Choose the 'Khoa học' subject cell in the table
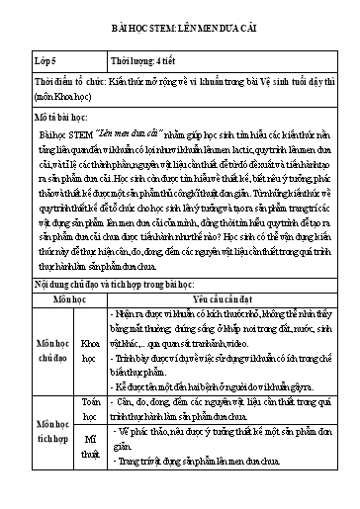pyautogui.click(x=88, y=382)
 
